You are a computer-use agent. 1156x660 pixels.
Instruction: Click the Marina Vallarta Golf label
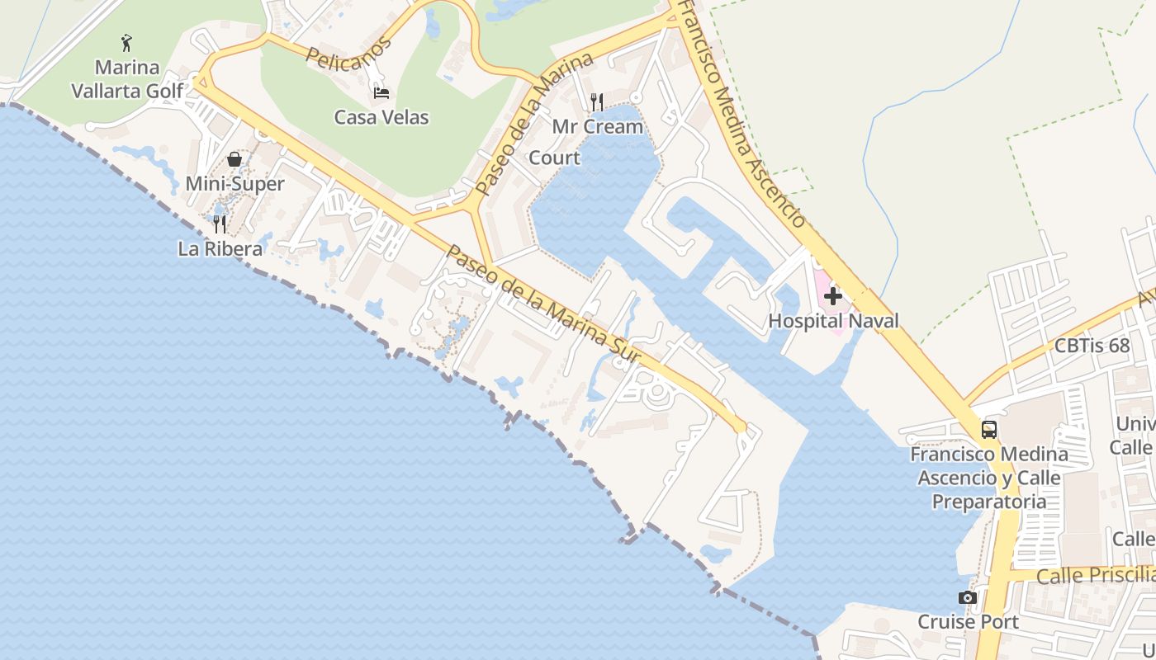point(127,78)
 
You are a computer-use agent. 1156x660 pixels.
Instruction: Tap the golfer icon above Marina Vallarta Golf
point(126,42)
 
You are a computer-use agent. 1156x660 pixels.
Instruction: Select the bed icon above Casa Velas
point(381,92)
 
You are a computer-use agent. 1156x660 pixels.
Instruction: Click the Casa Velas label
point(381,117)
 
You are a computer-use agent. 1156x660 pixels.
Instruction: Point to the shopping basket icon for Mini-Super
point(235,158)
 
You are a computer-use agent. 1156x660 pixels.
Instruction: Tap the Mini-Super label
point(235,183)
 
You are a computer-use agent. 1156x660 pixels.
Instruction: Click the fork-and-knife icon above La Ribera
point(220,224)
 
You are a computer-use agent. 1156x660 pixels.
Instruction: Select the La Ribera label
point(220,248)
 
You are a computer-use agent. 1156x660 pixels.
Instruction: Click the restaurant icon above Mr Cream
point(597,101)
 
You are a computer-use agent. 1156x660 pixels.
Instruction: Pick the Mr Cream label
point(597,126)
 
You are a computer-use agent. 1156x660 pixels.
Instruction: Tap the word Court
point(554,158)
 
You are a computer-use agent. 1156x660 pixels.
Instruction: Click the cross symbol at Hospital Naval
point(832,295)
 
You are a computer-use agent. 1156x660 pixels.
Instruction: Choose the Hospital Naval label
point(833,321)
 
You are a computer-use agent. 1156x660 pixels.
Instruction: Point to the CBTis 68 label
point(1092,346)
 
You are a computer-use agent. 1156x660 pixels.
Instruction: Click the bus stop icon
point(988,429)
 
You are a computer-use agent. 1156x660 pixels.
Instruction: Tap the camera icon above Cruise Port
point(968,597)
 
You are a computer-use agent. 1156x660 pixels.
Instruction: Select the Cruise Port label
point(969,621)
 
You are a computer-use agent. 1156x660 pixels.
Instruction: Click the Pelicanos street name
point(348,54)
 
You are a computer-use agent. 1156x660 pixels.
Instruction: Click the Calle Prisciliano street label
point(1095,575)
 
